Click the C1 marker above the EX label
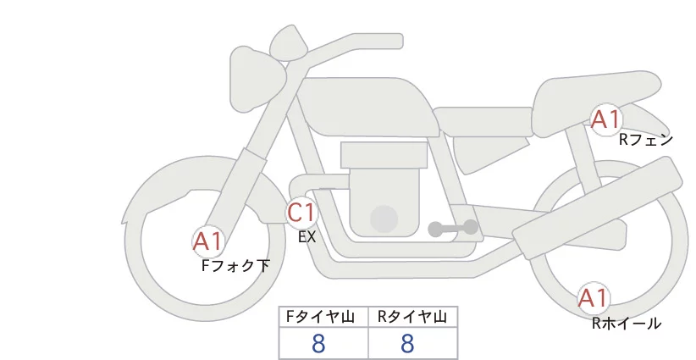pos(301,212)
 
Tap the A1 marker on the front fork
pos(207,242)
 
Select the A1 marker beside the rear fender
pos(605,119)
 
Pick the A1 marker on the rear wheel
pos(593,298)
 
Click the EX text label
pos(307,237)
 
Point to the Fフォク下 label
pos(235,266)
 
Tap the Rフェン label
pos(646,141)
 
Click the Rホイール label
pos(627,324)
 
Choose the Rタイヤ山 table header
pos(412,317)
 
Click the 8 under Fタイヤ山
pos(318,344)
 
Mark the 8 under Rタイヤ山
pos(407,344)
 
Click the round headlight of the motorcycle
pos(257,79)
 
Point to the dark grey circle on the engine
pos(384,219)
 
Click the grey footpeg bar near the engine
pos(453,228)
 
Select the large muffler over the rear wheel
pos(598,208)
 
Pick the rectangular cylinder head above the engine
pos(384,155)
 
